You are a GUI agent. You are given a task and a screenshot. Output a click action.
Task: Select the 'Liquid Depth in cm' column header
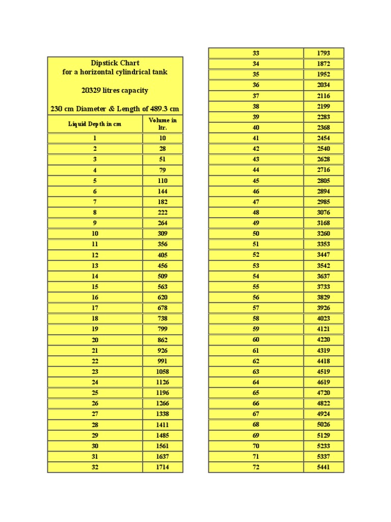click(x=95, y=124)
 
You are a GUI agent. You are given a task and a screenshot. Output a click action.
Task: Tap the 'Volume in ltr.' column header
click(x=162, y=124)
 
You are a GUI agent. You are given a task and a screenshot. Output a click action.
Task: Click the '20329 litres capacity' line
click(x=115, y=90)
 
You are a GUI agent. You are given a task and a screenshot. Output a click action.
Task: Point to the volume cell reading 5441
click(x=323, y=467)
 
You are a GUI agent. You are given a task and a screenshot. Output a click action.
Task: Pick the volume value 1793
click(x=323, y=53)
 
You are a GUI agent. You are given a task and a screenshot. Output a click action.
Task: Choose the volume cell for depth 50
click(x=323, y=233)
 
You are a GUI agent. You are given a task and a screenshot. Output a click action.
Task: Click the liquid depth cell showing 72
click(x=256, y=467)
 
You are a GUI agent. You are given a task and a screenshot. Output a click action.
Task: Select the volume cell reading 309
click(x=162, y=233)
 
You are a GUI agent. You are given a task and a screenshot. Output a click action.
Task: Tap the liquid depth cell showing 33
click(x=256, y=53)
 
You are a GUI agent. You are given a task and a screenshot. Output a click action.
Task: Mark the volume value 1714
click(x=162, y=467)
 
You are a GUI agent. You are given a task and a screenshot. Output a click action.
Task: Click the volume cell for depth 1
click(x=162, y=138)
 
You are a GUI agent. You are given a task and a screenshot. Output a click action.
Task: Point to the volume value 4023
click(x=323, y=319)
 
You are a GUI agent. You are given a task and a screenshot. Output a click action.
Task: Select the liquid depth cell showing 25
click(x=95, y=393)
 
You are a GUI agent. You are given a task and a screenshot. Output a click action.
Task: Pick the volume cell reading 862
click(x=162, y=340)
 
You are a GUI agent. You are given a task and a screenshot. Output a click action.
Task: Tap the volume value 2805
click(x=323, y=180)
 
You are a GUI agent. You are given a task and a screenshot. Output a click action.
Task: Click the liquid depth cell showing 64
click(x=256, y=382)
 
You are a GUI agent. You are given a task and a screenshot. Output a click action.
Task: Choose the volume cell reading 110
click(x=162, y=180)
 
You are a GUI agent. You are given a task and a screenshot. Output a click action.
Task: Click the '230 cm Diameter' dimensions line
click(x=115, y=109)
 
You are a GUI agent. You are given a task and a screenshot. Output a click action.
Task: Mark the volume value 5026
click(x=323, y=425)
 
